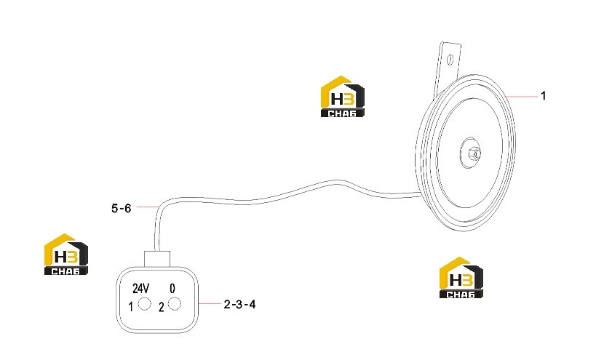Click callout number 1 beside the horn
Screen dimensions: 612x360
(544, 95)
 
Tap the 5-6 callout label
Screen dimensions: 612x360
(122, 208)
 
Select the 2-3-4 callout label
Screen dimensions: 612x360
(239, 304)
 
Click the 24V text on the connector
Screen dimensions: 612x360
(140, 289)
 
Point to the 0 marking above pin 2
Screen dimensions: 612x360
(172, 289)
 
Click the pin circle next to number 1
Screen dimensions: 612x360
(144, 304)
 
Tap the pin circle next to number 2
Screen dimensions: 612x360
(175, 304)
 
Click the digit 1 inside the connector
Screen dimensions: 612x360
(131, 307)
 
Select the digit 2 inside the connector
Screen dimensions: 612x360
(162, 308)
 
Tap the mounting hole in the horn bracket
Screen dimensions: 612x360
(450, 60)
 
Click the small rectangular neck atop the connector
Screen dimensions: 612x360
(157, 259)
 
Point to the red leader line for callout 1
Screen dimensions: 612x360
(521, 96)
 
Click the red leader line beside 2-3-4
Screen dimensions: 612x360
(210, 303)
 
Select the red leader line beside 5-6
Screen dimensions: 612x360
(147, 207)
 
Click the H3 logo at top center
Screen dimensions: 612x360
(342, 96)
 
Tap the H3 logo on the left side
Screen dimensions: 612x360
(66, 255)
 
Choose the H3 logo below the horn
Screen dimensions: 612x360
(461, 277)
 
